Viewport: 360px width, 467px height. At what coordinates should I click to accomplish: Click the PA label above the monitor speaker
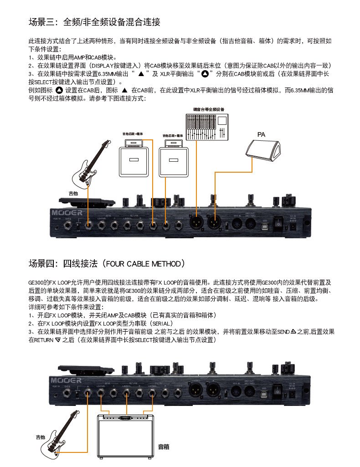[x=261, y=135]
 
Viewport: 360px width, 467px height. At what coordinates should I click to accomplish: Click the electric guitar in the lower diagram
[x=59, y=433]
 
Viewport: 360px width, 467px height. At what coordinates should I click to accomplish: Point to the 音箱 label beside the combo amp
[x=163, y=447]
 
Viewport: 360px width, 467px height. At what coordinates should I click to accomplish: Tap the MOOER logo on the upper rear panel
[x=67, y=212]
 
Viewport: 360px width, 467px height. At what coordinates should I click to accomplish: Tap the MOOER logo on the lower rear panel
[x=67, y=379]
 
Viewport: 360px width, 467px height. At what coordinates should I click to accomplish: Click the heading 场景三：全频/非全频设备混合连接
[x=94, y=22]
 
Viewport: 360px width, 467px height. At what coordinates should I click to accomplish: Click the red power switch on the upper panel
[x=276, y=223]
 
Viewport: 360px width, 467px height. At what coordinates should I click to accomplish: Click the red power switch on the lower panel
[x=276, y=390]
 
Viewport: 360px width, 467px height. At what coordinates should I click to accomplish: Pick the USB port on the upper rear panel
[x=263, y=224]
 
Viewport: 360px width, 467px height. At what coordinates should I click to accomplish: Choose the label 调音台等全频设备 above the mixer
[x=208, y=109]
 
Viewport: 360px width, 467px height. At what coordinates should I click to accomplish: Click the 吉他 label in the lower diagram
[x=41, y=437]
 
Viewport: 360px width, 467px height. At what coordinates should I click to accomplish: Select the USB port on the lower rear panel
[x=263, y=391]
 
